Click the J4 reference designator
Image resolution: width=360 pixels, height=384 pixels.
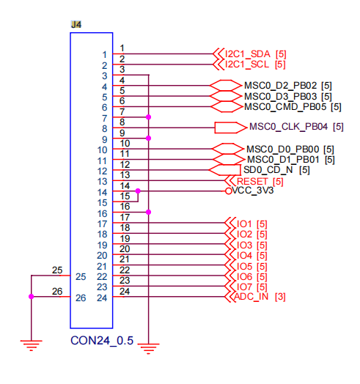tap(76, 24)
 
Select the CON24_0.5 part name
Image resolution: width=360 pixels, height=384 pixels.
tap(102, 341)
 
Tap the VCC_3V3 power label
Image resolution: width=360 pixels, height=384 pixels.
tap(253, 191)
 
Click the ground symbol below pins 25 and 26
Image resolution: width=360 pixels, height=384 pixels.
tap(31, 345)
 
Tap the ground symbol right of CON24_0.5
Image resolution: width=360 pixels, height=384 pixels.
tap(148, 349)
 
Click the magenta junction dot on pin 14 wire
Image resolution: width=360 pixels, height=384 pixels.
tap(138, 191)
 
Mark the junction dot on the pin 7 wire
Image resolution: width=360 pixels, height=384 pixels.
tap(148, 117)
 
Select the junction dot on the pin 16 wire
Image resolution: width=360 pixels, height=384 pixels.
tap(148, 212)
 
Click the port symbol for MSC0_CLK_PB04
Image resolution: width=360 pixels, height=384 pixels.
tap(230, 128)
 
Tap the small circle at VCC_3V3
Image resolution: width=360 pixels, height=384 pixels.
tap(229, 191)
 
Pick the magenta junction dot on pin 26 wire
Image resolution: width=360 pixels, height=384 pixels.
tap(31, 297)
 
